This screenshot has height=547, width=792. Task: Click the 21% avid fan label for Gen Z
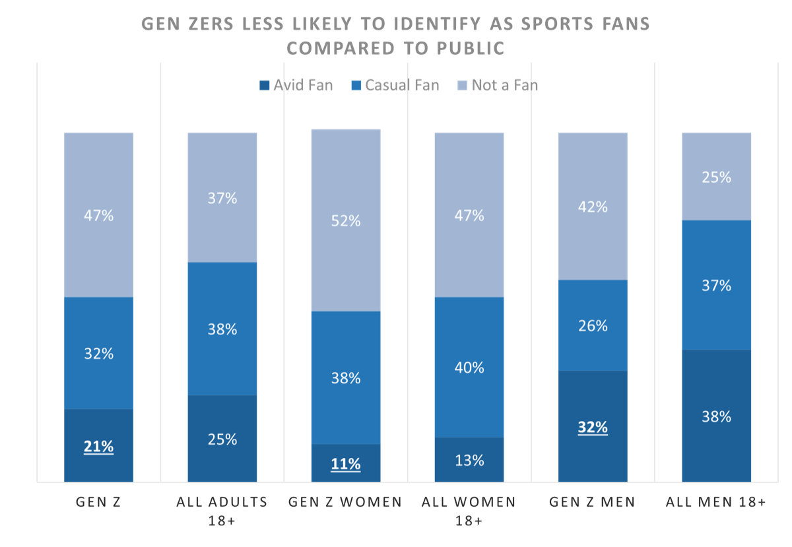pos(98,447)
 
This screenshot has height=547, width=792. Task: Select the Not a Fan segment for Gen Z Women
pos(345,220)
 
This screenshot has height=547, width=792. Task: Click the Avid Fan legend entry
pos(296,85)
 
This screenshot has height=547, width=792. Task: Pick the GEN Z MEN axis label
pos(592,502)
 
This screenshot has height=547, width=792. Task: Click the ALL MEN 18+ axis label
pos(716,502)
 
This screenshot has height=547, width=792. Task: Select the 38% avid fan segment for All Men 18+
pos(716,416)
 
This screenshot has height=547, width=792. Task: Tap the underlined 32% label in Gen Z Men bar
pos(592,427)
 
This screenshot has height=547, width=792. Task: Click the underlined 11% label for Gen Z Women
pos(345,464)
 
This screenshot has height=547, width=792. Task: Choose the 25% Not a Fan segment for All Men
pos(716,176)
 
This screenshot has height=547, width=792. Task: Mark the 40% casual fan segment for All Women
pos(469,367)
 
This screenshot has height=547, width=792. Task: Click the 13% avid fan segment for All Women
pos(469,459)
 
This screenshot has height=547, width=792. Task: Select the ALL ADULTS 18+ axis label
pos(222,510)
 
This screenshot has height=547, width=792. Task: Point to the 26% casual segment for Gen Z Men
pos(592,325)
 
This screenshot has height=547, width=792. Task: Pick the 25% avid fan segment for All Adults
pos(222,439)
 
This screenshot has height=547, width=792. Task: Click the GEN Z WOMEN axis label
pos(345,502)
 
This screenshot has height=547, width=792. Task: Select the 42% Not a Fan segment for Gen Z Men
pos(592,206)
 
